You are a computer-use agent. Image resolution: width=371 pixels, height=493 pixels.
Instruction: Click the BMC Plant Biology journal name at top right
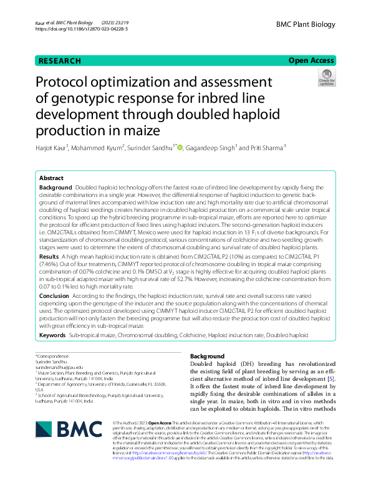[x=306, y=23]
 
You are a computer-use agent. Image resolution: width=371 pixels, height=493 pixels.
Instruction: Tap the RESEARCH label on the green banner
[x=60, y=61]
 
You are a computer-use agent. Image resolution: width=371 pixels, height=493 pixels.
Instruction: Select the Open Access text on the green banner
[x=311, y=60]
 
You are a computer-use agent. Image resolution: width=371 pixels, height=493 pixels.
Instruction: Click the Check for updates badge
[x=326, y=79]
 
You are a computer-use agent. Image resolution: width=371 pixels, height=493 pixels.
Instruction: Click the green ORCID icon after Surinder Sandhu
[x=180, y=148]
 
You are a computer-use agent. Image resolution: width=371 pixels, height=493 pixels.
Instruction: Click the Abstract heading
[x=51, y=178]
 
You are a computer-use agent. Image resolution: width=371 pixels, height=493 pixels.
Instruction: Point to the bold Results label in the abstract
[x=49, y=257]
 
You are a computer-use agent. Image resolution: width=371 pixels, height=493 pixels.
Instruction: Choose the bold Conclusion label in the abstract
[x=54, y=296]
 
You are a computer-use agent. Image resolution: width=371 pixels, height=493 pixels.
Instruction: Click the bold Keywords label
[x=52, y=335]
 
